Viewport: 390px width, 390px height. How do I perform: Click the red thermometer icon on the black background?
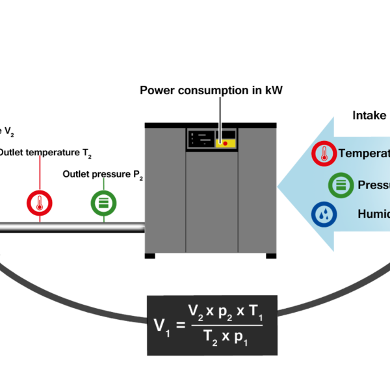pyautogui.click(x=40, y=203)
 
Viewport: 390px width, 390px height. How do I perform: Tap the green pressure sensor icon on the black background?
pyautogui.click(x=103, y=203)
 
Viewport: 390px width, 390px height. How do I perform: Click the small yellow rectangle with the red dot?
pyautogui.click(x=226, y=143)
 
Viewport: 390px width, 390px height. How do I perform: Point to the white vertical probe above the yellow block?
pyautogui.click(x=220, y=117)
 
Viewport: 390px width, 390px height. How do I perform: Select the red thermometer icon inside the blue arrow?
pyautogui.click(x=324, y=154)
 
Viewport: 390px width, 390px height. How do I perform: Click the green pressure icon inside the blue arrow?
pyautogui.click(x=341, y=185)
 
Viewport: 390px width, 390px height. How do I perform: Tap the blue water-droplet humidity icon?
pyautogui.click(x=324, y=214)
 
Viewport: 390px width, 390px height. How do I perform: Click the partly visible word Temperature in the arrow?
pyautogui.click(x=364, y=154)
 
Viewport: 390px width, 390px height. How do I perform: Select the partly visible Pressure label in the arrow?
pyautogui.click(x=373, y=185)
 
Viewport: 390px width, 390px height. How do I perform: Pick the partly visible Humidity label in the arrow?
pyautogui.click(x=373, y=214)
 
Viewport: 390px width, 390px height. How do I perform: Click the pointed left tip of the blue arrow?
pyautogui.click(x=279, y=185)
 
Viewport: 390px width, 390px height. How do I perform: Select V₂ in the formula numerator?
pyautogui.click(x=196, y=311)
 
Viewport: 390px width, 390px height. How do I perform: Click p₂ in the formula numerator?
pyautogui.click(x=224, y=312)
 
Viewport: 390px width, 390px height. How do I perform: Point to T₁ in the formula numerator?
pyautogui.click(x=255, y=311)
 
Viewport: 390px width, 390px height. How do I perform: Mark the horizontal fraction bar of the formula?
pyautogui.click(x=225, y=325)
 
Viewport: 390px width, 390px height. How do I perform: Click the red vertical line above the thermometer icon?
pyautogui.click(x=40, y=172)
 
